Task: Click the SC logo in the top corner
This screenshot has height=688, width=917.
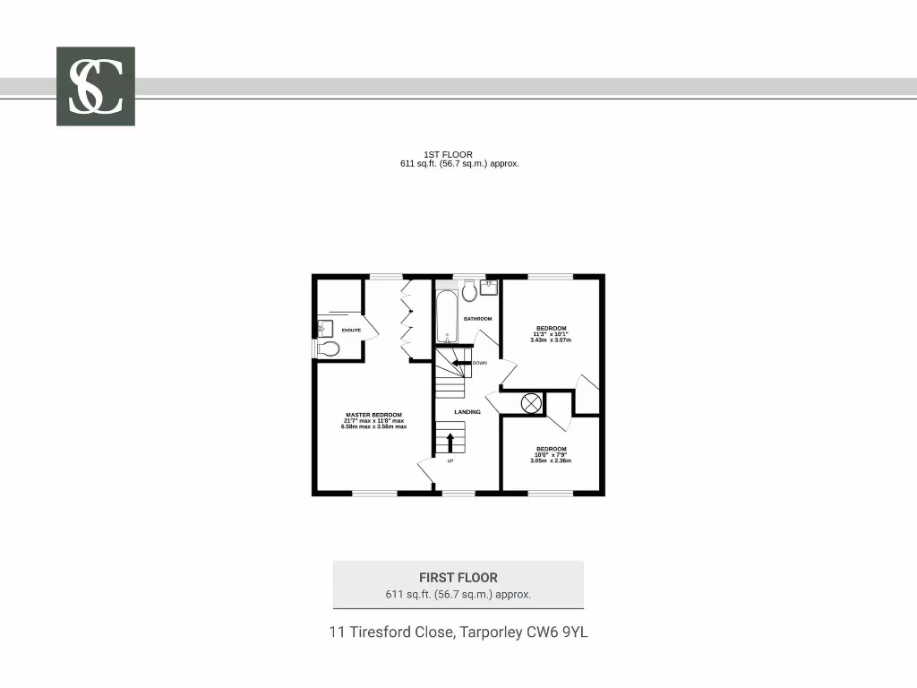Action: [x=96, y=86]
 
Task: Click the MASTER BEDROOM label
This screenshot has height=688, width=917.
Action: [x=373, y=415]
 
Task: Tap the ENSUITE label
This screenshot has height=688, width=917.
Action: [x=351, y=331]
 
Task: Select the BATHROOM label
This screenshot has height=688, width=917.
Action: [x=477, y=319]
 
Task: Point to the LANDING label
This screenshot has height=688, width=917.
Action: [x=467, y=412]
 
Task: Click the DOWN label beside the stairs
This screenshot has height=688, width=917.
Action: [x=480, y=363]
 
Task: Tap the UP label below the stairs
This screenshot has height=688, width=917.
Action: [x=450, y=460]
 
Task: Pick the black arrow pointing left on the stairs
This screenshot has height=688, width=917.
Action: [x=461, y=362]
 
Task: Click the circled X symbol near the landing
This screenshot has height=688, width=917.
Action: [x=531, y=403]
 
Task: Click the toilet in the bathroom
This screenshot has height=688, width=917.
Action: [x=469, y=291]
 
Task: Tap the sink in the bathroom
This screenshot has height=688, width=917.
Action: [x=490, y=287]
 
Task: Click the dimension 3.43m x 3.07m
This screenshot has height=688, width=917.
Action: [x=551, y=340]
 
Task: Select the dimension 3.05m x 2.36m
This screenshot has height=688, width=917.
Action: [x=551, y=460]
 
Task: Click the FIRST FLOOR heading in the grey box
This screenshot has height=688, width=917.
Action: [x=458, y=578]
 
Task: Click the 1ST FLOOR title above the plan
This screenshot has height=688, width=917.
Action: [x=448, y=155]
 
